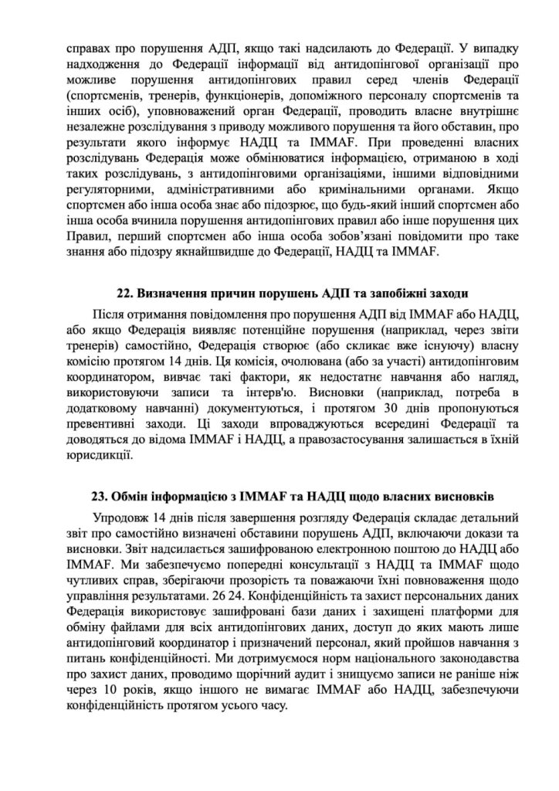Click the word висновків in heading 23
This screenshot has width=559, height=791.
[456, 494]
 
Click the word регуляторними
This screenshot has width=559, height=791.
[106, 187]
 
